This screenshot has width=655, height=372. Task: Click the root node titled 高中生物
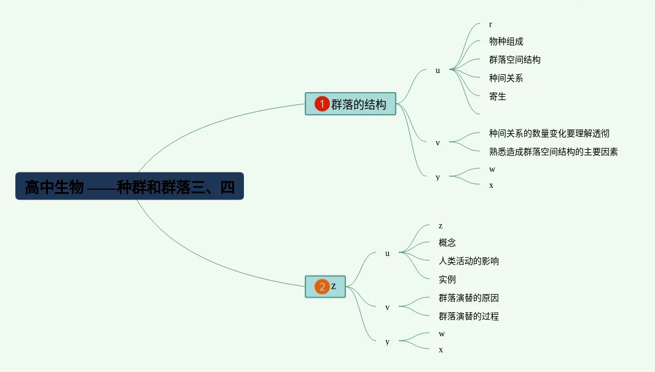pos(130,186)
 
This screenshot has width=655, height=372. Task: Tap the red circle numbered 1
pos(322,104)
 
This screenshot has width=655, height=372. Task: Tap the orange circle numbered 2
pos(322,287)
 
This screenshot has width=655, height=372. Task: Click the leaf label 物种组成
pos(506,42)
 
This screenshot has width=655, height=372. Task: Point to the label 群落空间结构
pos(514,60)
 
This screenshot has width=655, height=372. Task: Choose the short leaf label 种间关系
pos(506,78)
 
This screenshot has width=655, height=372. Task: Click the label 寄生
pos(497,96)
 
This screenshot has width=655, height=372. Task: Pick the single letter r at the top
pos(490,25)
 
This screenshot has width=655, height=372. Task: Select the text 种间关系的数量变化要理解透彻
pos(549,133)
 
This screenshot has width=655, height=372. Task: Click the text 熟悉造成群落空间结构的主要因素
pos(553,152)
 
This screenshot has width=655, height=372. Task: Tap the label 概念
pos(447,243)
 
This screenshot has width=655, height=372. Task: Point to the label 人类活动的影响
pos(468,261)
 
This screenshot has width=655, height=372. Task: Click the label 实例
pos(447,279)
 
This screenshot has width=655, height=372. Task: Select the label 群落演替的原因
pos(468,298)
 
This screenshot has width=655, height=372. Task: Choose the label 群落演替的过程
pos(468,317)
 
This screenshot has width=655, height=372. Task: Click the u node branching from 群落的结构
pos(437,71)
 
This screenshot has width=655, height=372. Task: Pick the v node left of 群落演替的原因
pos(387,308)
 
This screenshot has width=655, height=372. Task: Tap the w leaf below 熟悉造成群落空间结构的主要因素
pos(492,169)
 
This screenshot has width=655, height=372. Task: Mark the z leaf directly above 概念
pos(440,226)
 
